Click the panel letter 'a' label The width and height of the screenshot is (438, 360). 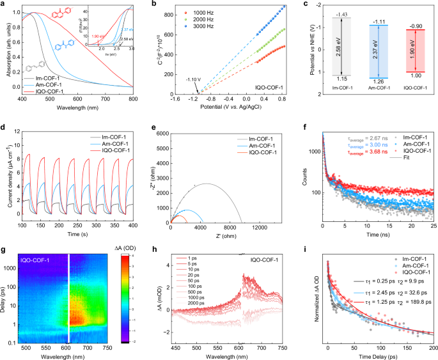tap(4, 5)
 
